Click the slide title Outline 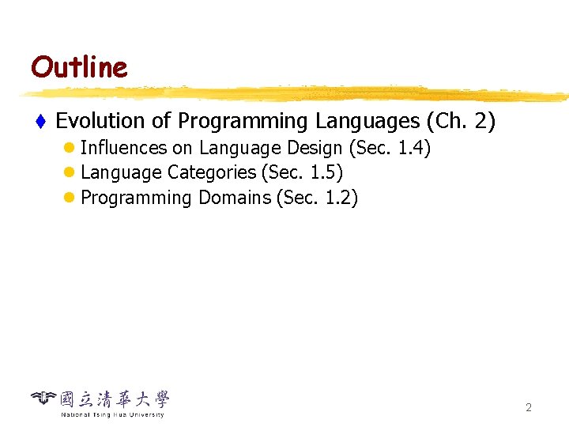pyautogui.click(x=79, y=67)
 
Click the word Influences pyautogui.click(x=124, y=148)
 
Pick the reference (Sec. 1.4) pyautogui.click(x=390, y=148)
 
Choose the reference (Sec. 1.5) pyautogui.click(x=302, y=172)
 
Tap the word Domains pyautogui.click(x=234, y=198)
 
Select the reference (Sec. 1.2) pyautogui.click(x=317, y=198)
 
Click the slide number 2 pyautogui.click(x=529, y=408)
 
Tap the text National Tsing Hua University pyautogui.click(x=112, y=414)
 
